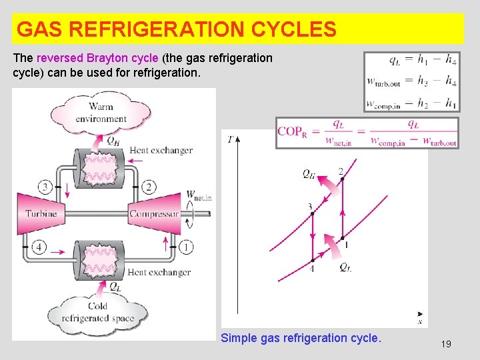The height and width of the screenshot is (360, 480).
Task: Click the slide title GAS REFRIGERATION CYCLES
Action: (x=176, y=29)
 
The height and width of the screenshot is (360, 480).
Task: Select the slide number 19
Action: (x=446, y=344)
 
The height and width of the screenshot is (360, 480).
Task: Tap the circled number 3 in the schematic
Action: (x=45, y=186)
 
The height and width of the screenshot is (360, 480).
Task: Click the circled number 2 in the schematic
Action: (x=149, y=187)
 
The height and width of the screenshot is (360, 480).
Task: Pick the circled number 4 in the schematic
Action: (x=39, y=247)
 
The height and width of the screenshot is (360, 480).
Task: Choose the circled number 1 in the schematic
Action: (x=186, y=247)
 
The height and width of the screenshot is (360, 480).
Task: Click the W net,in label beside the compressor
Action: (x=198, y=196)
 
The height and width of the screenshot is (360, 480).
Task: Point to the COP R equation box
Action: (x=367, y=132)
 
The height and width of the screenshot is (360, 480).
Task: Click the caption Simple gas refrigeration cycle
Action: (x=301, y=338)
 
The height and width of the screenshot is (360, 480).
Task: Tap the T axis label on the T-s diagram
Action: (x=230, y=140)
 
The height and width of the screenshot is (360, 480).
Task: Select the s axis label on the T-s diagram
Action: (x=419, y=321)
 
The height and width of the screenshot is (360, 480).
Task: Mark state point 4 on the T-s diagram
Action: (x=312, y=260)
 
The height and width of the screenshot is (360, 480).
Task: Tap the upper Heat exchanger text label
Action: (x=161, y=151)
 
